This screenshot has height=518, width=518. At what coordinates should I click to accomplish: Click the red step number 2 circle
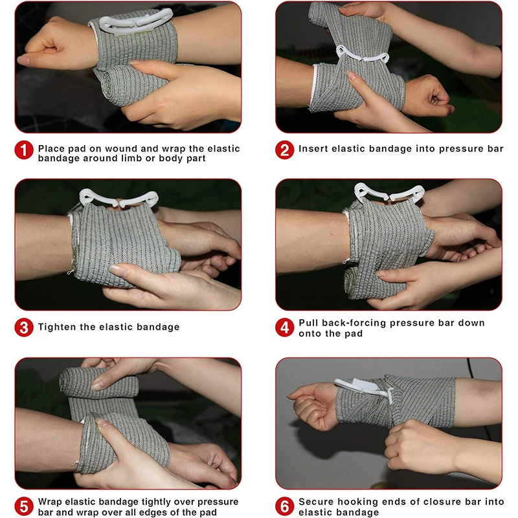(x=284, y=150)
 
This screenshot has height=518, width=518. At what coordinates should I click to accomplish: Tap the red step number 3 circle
(x=24, y=327)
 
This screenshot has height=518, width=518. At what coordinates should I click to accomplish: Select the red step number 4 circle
(x=284, y=327)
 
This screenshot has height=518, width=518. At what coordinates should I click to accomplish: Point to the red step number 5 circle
(x=24, y=506)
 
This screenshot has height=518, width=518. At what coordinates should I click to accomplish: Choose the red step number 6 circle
(x=284, y=506)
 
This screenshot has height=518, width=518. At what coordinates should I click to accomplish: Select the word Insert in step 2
(x=313, y=149)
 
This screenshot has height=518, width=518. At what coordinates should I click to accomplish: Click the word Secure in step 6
(x=317, y=502)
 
